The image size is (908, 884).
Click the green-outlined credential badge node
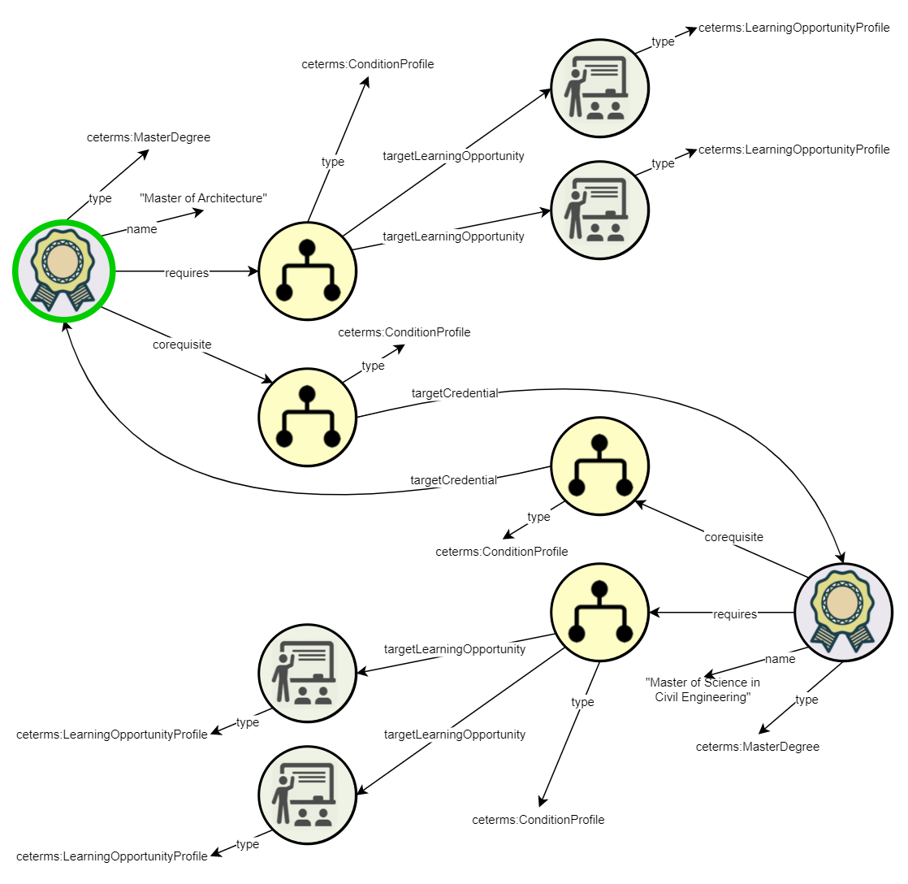click(x=63, y=271)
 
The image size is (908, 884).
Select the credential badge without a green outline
click(x=843, y=613)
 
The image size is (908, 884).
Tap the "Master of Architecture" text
click(x=203, y=198)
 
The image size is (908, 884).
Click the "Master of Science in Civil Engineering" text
click(x=703, y=690)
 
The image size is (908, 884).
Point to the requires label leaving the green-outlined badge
click(x=187, y=273)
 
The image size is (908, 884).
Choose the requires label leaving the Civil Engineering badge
click(x=734, y=614)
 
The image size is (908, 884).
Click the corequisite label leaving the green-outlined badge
click(x=182, y=344)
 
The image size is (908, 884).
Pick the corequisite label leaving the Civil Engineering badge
click(x=733, y=537)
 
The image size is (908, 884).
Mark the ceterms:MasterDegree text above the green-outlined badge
click(x=149, y=137)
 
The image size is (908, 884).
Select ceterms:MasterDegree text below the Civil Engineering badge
click(x=757, y=747)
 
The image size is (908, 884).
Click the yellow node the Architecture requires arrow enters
click(x=307, y=271)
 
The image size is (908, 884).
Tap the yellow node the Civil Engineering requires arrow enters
click(x=599, y=613)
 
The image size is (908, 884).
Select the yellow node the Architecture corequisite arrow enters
click(x=307, y=417)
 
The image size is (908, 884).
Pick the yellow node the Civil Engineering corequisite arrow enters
click(x=599, y=466)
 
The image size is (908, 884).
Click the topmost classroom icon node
click(x=599, y=85)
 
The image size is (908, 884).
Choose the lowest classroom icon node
click(x=307, y=791)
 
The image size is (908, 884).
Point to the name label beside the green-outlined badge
click(x=141, y=229)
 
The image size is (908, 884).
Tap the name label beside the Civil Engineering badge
click(x=780, y=659)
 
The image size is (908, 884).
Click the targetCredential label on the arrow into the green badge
click(x=453, y=480)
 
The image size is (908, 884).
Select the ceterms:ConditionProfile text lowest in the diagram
click(x=538, y=820)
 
